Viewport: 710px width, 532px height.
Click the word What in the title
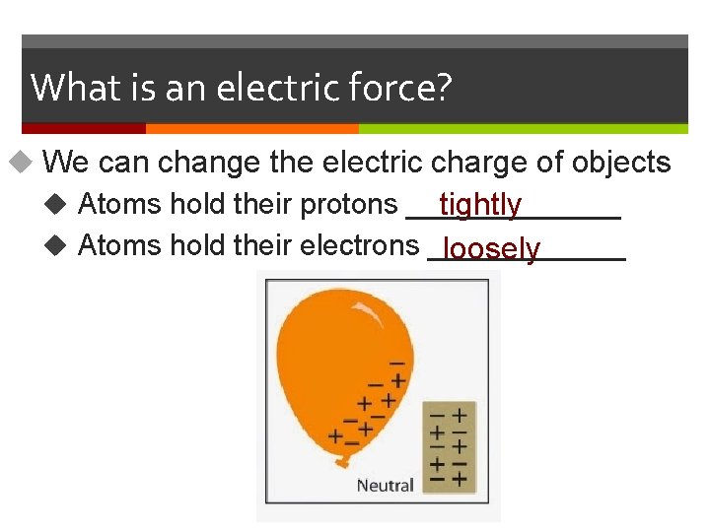tap(72, 88)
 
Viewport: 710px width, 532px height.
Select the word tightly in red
tap(480, 205)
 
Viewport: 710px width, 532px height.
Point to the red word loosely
tap(491, 249)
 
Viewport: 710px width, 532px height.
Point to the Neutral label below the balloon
tap(385, 485)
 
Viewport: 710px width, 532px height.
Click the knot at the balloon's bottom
tap(343, 461)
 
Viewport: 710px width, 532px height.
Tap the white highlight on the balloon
tap(367, 310)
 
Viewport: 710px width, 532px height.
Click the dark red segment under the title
tap(84, 128)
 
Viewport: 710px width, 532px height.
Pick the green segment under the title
tap(523, 128)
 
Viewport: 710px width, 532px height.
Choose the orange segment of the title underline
tap(251, 128)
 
